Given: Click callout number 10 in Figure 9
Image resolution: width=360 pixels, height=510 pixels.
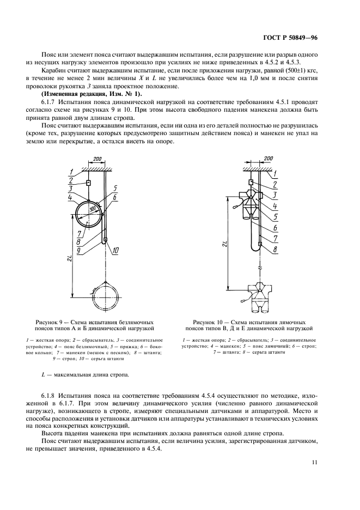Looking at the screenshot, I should coord(115,250).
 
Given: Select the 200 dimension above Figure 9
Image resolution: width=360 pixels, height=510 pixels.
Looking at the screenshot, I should coord(97,159).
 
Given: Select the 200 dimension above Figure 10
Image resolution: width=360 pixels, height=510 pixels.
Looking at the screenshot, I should coord(268,159).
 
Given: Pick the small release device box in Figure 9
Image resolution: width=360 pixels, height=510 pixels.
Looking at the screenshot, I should coord(87,184).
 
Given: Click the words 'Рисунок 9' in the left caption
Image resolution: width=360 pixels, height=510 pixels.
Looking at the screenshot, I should coord(50,322).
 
